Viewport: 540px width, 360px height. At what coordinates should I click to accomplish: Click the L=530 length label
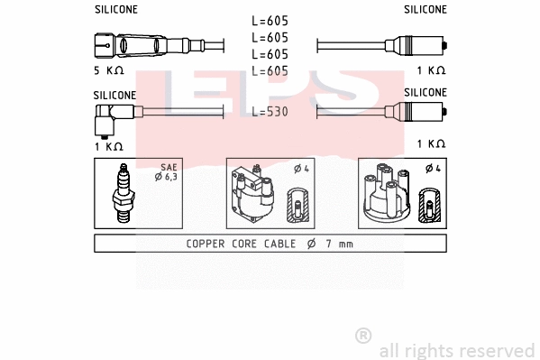click(270, 111)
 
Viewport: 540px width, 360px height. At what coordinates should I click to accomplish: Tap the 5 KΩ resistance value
click(108, 69)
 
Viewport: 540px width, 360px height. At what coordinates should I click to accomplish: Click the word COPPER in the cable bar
click(207, 244)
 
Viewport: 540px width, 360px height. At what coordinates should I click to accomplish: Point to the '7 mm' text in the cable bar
click(339, 244)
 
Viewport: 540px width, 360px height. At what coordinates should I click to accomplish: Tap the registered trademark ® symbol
click(363, 336)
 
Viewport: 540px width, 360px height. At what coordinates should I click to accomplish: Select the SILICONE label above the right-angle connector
click(115, 94)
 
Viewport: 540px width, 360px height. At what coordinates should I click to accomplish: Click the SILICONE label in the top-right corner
click(425, 10)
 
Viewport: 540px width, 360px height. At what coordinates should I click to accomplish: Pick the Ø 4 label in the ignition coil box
click(302, 169)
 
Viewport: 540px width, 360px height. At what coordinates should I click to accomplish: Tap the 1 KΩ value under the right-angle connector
click(108, 144)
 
